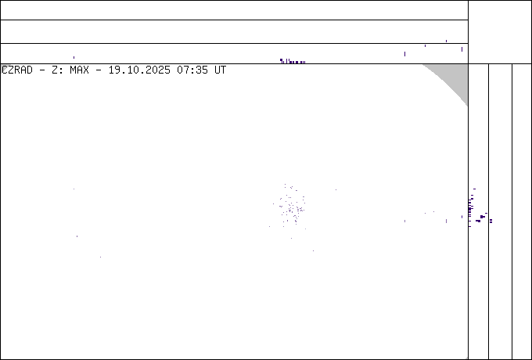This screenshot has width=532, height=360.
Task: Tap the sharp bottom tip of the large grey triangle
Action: pos(467,105)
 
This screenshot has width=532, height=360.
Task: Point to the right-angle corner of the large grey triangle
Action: pos(467,65)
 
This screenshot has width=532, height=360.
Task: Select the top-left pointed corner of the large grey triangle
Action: pos(423,65)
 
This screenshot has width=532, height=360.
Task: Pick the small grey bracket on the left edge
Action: pos(5,68)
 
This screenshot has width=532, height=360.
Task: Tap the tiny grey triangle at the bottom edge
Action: pos(466,358)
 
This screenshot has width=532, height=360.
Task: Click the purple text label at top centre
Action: pos(293,61)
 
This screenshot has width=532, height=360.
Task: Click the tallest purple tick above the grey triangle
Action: pos(462,49)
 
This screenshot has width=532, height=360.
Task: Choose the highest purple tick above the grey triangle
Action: pos(446,40)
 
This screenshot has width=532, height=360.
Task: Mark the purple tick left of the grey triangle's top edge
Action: pos(404,53)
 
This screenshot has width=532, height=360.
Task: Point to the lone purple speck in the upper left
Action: pos(74,56)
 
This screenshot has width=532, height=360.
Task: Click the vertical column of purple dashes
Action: pos(471,207)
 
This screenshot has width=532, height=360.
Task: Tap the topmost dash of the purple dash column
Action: pos(472,189)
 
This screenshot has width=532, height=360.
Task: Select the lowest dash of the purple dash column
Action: pos(471,225)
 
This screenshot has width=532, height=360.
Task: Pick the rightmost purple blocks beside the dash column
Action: pos(491,221)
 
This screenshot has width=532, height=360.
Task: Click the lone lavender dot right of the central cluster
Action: pos(336,189)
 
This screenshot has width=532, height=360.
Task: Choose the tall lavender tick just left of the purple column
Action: pos(446,221)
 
